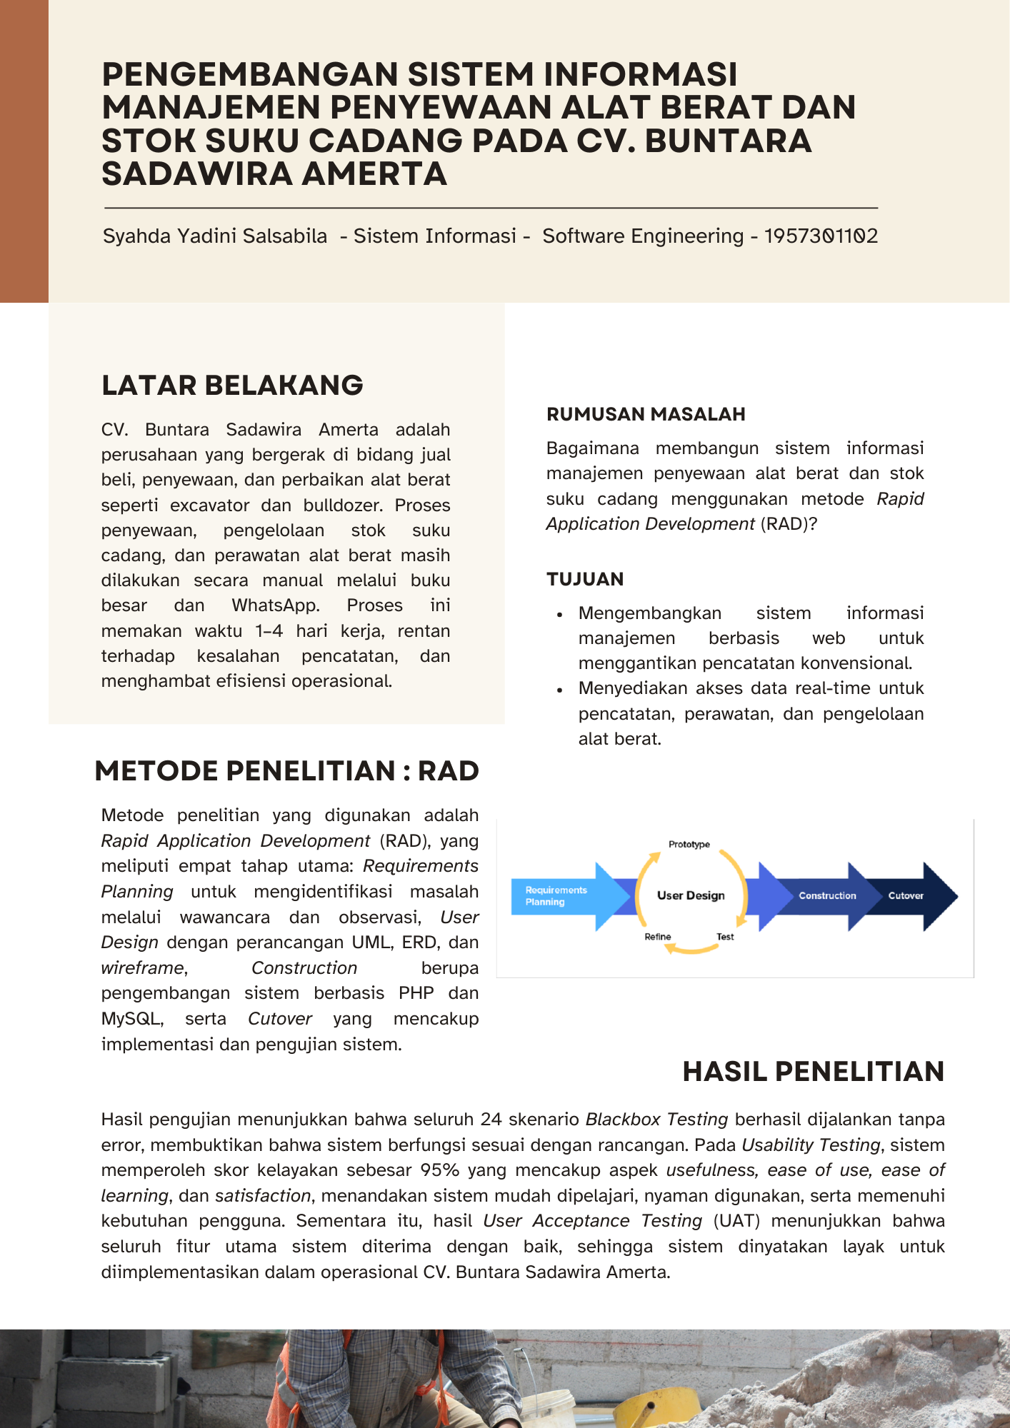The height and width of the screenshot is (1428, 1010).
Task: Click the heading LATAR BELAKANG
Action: click(x=232, y=386)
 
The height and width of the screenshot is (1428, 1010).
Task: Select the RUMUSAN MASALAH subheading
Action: click(x=646, y=414)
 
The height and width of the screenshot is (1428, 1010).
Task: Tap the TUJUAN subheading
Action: click(x=585, y=579)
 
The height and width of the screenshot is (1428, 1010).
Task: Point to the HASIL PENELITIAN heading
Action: click(x=813, y=1072)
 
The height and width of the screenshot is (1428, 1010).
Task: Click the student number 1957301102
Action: click(x=821, y=236)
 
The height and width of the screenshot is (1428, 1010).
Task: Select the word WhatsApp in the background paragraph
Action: click(x=276, y=605)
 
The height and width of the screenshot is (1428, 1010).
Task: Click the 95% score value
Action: click(x=440, y=1170)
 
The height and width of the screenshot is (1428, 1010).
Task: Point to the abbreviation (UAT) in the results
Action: click(x=736, y=1221)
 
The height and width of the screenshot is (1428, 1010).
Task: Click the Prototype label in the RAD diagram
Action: click(x=689, y=844)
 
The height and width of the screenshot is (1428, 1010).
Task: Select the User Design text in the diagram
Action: click(x=691, y=895)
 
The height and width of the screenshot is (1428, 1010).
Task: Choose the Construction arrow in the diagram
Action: click(x=826, y=896)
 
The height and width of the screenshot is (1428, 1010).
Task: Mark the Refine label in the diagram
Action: click(x=658, y=937)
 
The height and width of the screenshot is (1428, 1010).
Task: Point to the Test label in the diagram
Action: click(x=725, y=937)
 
